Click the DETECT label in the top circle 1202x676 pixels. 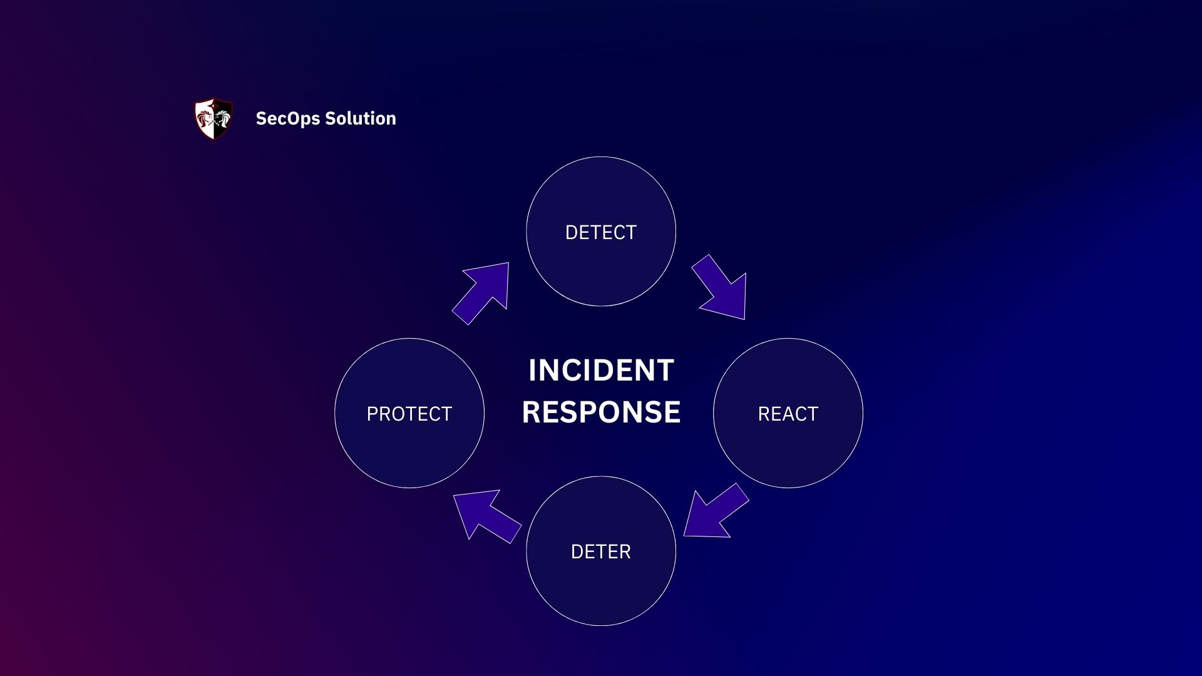pos(600,232)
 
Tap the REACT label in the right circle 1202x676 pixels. pos(788,414)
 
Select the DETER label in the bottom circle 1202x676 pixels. pos(600,551)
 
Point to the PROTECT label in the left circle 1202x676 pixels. pos(409,414)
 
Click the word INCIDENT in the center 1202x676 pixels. pos(601,370)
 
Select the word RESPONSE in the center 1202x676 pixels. pos(601,412)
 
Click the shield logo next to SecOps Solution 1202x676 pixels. pos(213,118)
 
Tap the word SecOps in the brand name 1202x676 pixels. pos(287,118)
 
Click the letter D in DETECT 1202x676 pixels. pos(570,232)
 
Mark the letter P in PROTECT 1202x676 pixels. pos(371,414)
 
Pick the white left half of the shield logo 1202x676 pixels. pos(205,118)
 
